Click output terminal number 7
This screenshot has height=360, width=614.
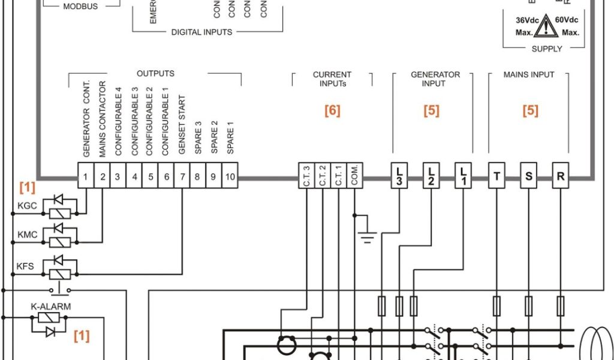pos(182,177)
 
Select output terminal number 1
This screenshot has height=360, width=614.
pos(86,177)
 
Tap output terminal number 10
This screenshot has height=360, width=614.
pos(230,177)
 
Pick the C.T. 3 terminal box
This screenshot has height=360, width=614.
pos(306,177)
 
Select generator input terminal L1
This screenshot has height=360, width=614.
pos(463,176)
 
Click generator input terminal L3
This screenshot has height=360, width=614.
pos(399,176)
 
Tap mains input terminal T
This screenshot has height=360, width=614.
pos(496,176)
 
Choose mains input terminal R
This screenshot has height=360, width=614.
pos(561,176)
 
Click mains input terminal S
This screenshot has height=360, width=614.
pos(528,176)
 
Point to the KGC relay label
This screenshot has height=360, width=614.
pos(27,206)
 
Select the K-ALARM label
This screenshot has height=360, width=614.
pos(50,307)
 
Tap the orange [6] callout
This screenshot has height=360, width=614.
pos(332,110)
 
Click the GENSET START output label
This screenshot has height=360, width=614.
pos(182,125)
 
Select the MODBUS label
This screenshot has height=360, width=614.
pos(80,7)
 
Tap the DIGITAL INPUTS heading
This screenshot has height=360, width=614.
pos(201,32)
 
